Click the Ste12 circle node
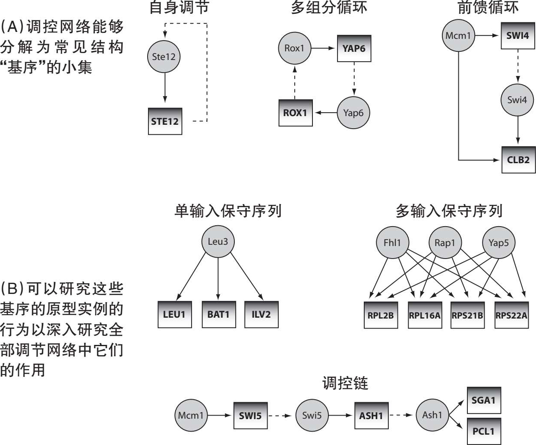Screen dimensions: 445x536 [164, 57]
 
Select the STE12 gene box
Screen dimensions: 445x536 [165, 121]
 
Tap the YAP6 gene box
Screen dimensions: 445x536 [354, 48]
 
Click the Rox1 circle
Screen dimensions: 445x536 [294, 48]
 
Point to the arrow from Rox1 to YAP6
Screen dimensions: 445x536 [323, 48]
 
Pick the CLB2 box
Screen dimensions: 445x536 [518, 160]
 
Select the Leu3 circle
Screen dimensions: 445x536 [218, 242]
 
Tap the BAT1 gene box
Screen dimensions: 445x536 [218, 314]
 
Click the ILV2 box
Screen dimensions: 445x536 [261, 314]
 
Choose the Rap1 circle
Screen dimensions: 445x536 [445, 243]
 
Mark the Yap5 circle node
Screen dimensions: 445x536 [498, 243]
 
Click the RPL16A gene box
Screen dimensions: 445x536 [425, 315]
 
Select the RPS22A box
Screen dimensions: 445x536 [511, 315]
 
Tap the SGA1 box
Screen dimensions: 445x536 [484, 400]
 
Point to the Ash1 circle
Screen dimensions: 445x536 [432, 415]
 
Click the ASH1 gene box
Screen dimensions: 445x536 [371, 416]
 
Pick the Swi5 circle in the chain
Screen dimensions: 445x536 [312, 416]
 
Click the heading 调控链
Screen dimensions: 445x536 [345, 383]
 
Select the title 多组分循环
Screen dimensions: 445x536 [329, 8]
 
